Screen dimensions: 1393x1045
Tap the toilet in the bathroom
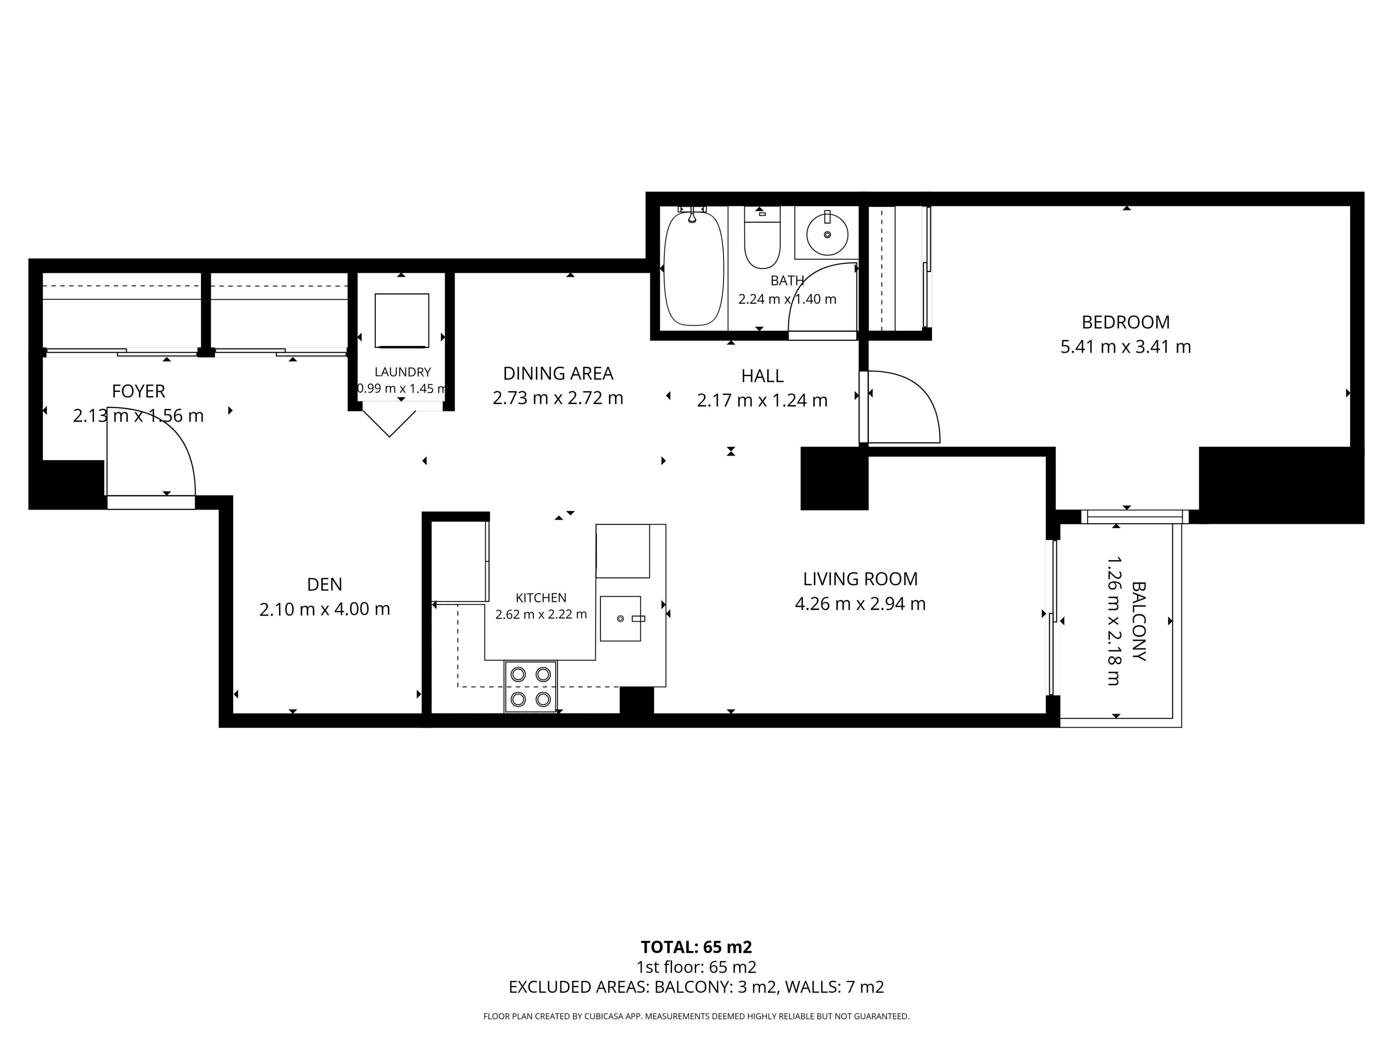[x=762, y=237]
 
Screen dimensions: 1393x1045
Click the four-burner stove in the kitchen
[x=530, y=687]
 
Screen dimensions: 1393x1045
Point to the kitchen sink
[x=620, y=619]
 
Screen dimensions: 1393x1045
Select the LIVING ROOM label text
[x=860, y=579]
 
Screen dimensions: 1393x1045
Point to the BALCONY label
[x=1139, y=621]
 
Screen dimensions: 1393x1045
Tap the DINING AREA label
[x=558, y=373]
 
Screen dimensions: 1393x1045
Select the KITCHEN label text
[x=541, y=598]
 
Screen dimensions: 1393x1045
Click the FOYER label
[x=139, y=391]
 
